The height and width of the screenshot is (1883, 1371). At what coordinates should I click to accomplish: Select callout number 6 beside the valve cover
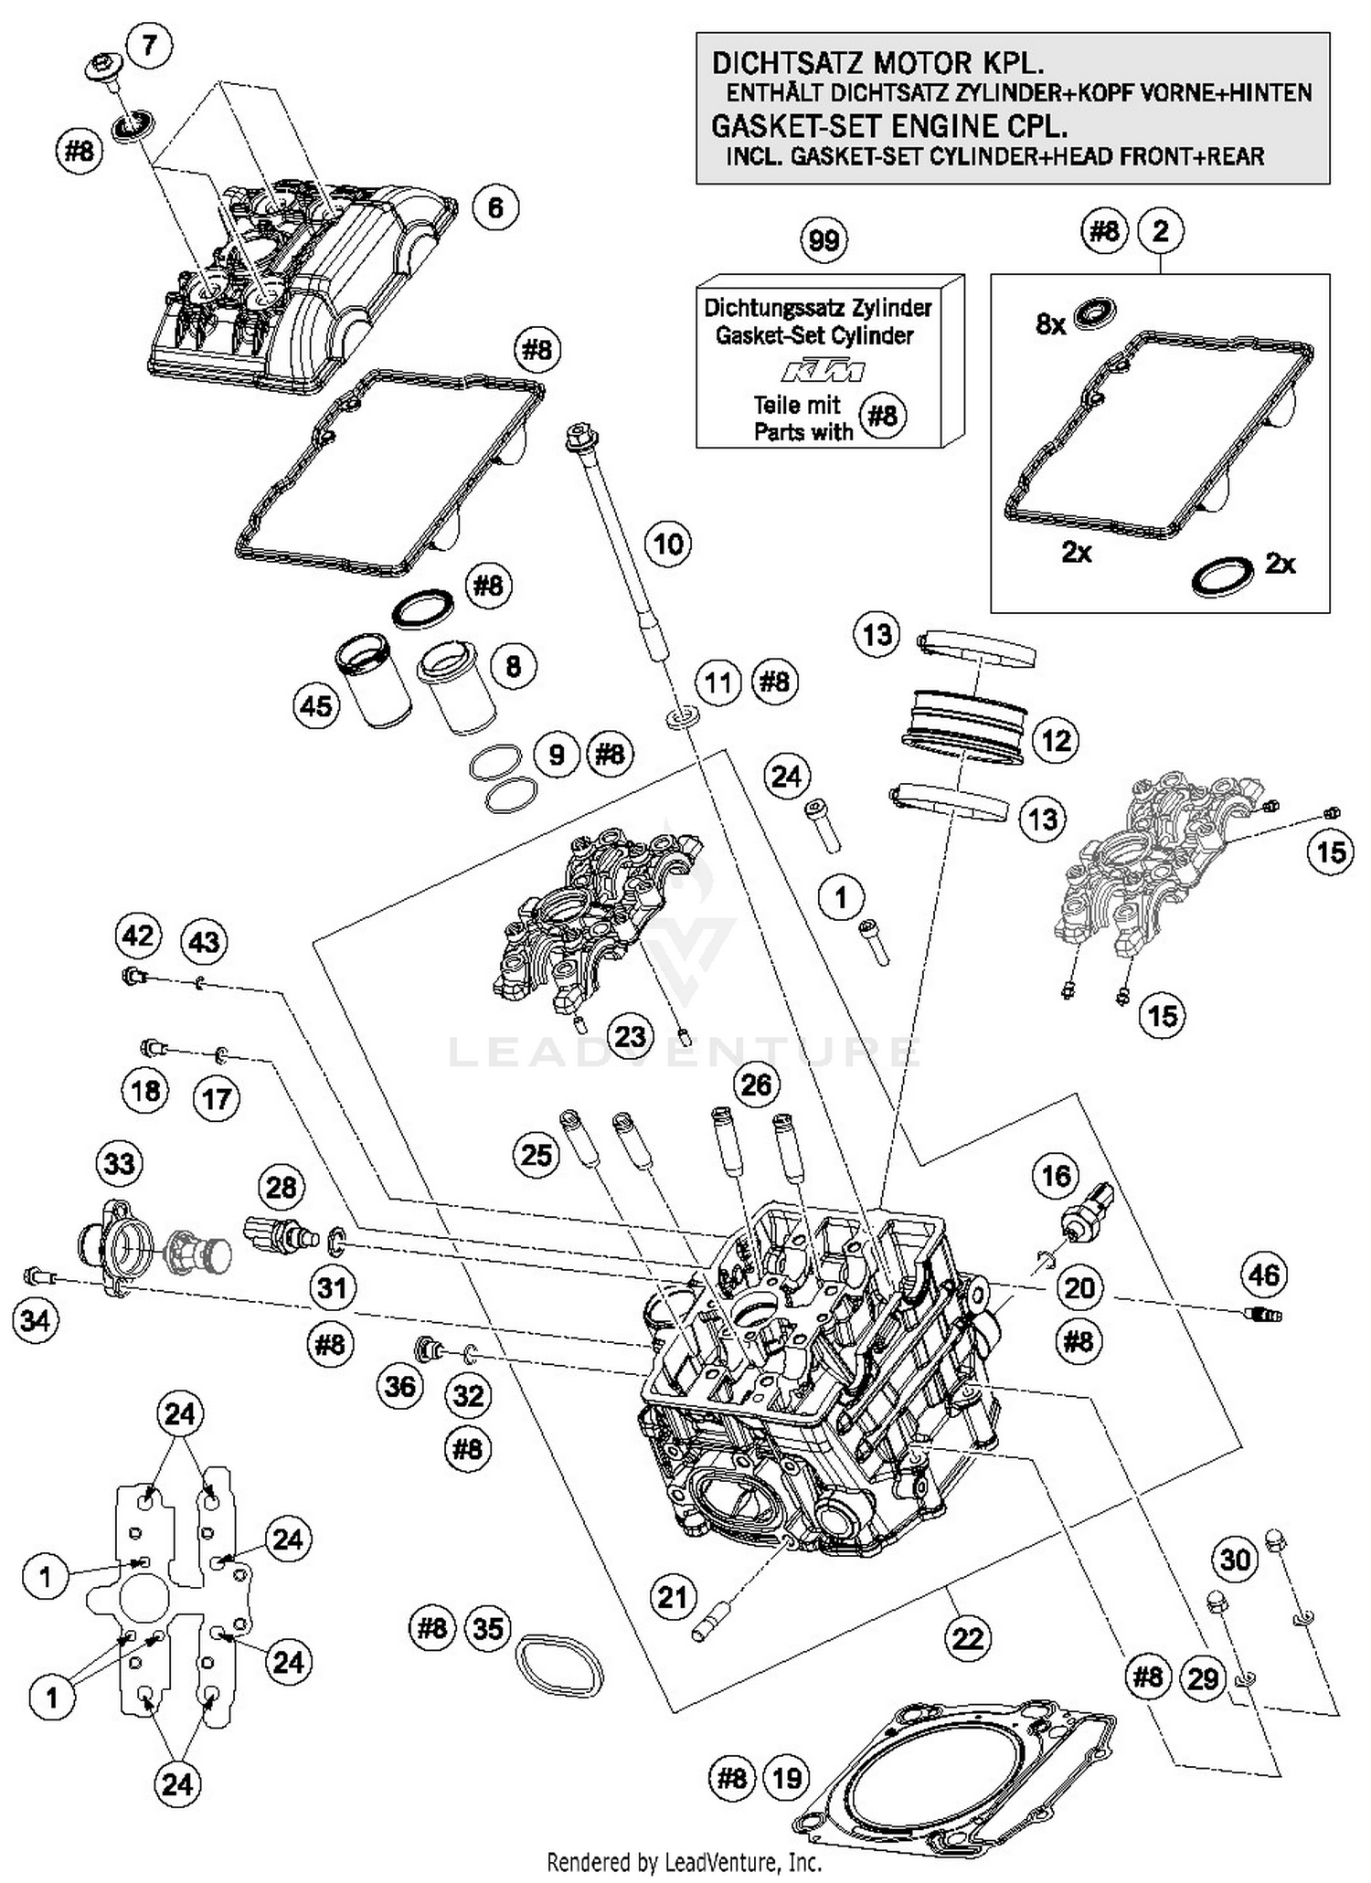tap(494, 208)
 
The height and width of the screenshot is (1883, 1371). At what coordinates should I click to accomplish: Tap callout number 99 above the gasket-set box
tap(824, 241)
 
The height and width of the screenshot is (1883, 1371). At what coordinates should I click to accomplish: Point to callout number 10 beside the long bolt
tap(668, 545)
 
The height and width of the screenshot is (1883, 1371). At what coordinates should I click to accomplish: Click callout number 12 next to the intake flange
tap(1056, 740)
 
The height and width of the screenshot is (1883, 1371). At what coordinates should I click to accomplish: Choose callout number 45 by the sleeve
tap(316, 706)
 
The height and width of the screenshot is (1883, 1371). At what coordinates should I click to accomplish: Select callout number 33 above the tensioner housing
tap(120, 1164)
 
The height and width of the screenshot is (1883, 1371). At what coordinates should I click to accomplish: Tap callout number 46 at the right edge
tap(1263, 1275)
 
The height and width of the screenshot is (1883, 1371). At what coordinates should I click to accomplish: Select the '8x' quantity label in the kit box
tap(1051, 323)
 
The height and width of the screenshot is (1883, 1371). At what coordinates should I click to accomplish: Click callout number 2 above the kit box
tap(1160, 231)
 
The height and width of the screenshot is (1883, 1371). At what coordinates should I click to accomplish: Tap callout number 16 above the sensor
tap(1056, 1175)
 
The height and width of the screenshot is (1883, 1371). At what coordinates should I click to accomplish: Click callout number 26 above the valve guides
tap(756, 1084)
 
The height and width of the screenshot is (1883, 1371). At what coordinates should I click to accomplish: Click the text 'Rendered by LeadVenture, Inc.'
tap(684, 1861)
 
